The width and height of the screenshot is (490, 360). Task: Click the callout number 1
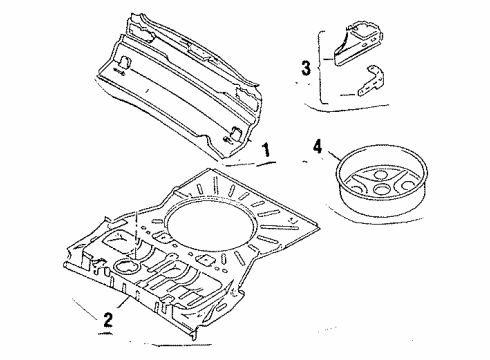pos(266,150)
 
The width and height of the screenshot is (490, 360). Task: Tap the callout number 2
pos(108,320)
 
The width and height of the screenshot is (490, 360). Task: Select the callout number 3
pos(306,68)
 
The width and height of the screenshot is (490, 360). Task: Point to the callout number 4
pos(318,147)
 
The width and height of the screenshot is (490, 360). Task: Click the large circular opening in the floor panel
pos(211,222)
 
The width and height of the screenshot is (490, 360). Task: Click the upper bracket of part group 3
pos(358,42)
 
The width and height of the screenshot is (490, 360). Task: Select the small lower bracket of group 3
pos(371,80)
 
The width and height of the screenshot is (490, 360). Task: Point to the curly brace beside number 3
pos(321,67)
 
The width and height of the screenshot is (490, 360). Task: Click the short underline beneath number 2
pos(105,333)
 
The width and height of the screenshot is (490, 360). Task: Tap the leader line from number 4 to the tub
pos(333,155)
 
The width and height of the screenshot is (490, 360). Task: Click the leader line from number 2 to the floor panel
pos(122,303)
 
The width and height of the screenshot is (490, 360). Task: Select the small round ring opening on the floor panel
pos(127,266)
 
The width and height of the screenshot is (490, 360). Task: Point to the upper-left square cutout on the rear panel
pos(125,63)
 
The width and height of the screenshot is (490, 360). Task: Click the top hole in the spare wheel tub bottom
pos(380,174)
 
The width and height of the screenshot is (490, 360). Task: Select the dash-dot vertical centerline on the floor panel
pos(137,236)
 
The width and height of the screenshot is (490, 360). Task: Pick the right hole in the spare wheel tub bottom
pos(407,185)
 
